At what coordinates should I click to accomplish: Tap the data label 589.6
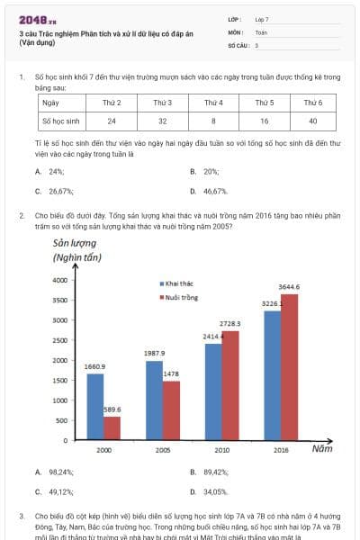[112, 409]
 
